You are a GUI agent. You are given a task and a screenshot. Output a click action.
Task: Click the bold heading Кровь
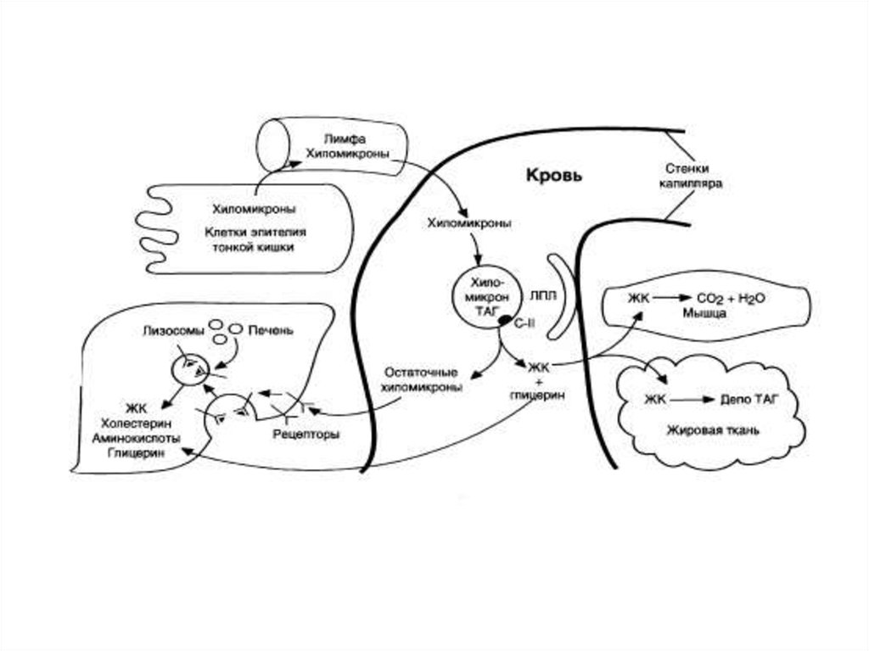coord(554,176)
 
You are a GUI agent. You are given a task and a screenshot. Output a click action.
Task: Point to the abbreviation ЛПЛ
coord(541,296)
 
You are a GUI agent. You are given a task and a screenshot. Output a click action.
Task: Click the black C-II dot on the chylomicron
coord(503,322)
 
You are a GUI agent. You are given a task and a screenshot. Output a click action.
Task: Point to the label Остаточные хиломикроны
coord(423,379)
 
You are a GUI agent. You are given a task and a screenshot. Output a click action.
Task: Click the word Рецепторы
coord(306,434)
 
